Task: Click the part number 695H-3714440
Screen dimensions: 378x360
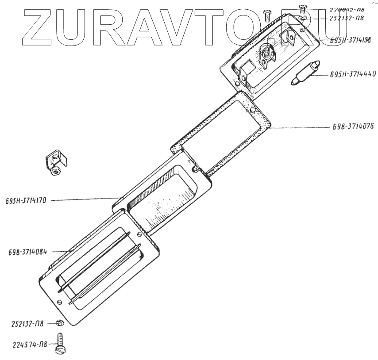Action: (x=352, y=74)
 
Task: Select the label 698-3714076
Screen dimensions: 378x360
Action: (x=353, y=126)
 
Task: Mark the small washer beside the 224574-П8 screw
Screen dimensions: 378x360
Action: (x=61, y=323)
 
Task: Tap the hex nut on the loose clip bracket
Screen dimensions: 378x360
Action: (x=54, y=170)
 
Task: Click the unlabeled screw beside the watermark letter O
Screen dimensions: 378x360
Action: (x=267, y=16)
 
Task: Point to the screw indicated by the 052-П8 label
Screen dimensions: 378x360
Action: (x=303, y=8)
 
